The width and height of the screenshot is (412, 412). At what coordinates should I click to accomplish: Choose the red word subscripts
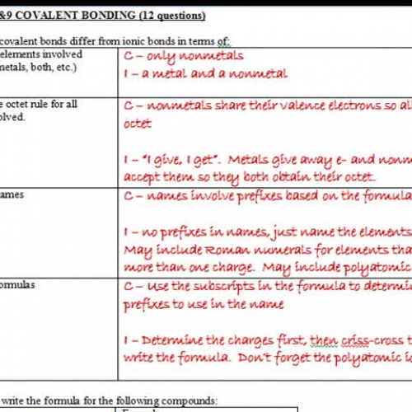220,285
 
